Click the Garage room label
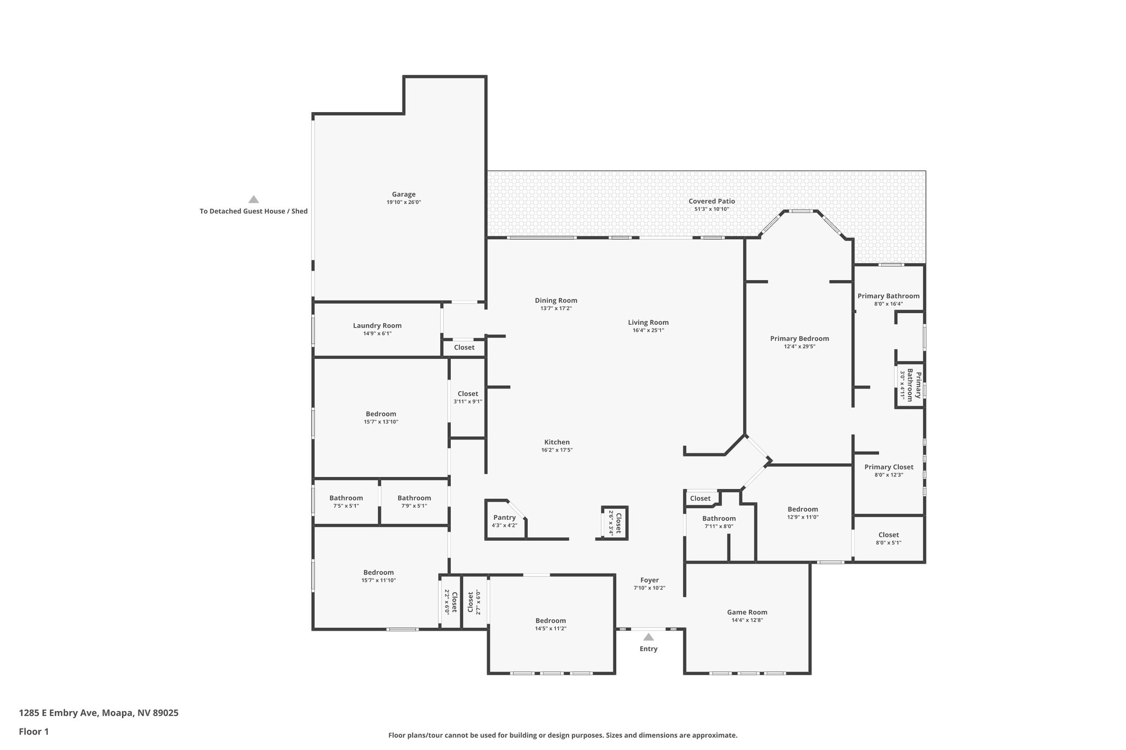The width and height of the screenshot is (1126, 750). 404,195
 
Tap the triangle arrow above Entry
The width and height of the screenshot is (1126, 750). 649,637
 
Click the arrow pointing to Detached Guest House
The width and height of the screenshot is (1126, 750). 253,199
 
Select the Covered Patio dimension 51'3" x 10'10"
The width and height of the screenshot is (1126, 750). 711,209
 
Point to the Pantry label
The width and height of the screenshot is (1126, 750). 504,518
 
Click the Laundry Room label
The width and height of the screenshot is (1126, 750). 377,326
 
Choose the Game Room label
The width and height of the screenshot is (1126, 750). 747,612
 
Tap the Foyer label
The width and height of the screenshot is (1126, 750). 649,580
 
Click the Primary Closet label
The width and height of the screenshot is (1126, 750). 888,467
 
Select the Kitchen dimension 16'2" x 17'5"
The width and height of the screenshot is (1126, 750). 557,450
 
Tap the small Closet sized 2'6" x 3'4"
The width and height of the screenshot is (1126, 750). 615,523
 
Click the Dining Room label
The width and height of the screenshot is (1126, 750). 556,301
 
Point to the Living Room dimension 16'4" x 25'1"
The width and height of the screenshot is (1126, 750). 648,331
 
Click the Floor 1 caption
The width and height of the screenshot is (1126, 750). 34,732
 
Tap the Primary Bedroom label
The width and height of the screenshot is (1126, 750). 799,338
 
